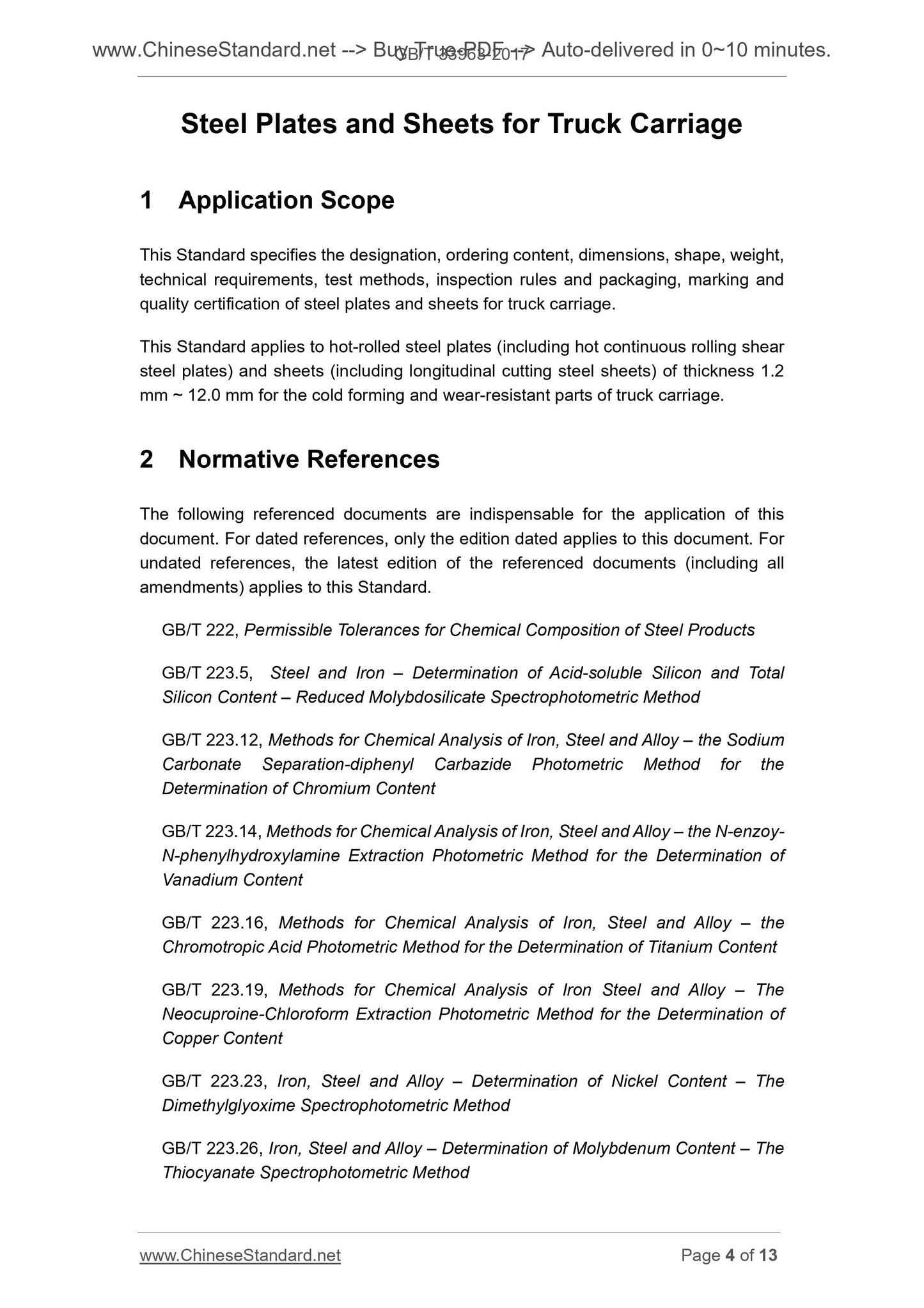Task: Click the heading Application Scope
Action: [x=286, y=200]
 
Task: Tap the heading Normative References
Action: [x=309, y=459]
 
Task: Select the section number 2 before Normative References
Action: [x=146, y=459]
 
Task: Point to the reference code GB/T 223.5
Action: [x=206, y=673]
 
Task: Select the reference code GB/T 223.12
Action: [x=210, y=740]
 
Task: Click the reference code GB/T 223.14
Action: [x=210, y=831]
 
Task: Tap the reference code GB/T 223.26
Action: [x=210, y=1148]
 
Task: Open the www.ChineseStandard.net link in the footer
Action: [x=240, y=1256]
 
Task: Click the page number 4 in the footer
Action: [x=730, y=1256]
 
